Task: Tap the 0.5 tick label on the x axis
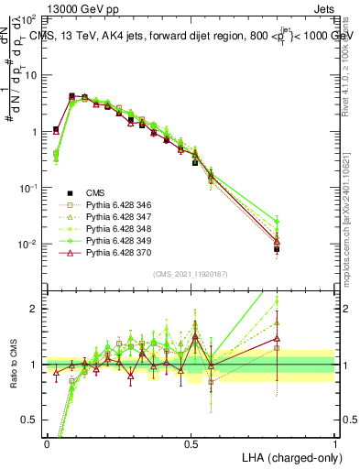(191, 442)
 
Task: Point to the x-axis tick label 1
(335, 442)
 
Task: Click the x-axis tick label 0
(47, 442)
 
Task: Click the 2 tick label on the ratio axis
(35, 309)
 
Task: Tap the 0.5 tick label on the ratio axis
(31, 420)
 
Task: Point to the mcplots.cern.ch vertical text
(349, 229)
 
